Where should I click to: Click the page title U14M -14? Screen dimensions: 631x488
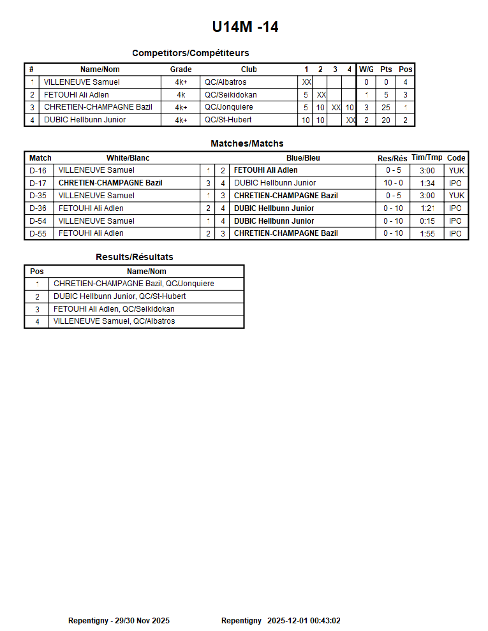pyautogui.click(x=245, y=27)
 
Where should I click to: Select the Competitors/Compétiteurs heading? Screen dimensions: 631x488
pyautogui.click(x=190, y=53)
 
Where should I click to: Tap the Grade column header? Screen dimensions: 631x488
pyautogui.click(x=181, y=69)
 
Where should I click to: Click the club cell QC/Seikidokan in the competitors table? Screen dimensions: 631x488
pyautogui.click(x=231, y=95)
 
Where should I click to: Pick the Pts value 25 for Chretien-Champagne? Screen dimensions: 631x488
pyautogui.click(x=386, y=108)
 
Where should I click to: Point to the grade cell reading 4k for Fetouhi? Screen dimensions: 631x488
pyautogui.click(x=181, y=95)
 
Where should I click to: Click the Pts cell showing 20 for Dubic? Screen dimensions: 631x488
pyautogui.click(x=386, y=120)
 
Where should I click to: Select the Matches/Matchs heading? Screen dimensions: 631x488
pyautogui.click(x=247, y=143)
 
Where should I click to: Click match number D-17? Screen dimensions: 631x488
pyautogui.click(x=38, y=183)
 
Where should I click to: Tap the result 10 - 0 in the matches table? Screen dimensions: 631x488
pyautogui.click(x=393, y=183)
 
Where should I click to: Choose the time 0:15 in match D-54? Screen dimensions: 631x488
pyautogui.click(x=427, y=221)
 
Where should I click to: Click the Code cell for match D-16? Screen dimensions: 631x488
pyautogui.click(x=456, y=170)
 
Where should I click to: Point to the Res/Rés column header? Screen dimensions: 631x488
pyautogui.click(x=392, y=158)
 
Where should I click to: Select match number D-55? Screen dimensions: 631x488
pyautogui.click(x=38, y=233)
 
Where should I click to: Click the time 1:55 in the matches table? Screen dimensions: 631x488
pyautogui.click(x=427, y=233)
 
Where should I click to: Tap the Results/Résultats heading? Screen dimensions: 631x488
pyautogui.click(x=135, y=257)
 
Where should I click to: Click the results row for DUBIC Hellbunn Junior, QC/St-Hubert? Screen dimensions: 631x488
pyautogui.click(x=120, y=296)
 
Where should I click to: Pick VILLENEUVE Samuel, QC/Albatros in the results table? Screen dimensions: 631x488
pyautogui.click(x=114, y=321)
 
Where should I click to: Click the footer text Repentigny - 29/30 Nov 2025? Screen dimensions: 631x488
pyautogui.click(x=119, y=620)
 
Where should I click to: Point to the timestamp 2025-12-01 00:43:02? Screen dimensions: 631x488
pyautogui.click(x=304, y=620)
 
